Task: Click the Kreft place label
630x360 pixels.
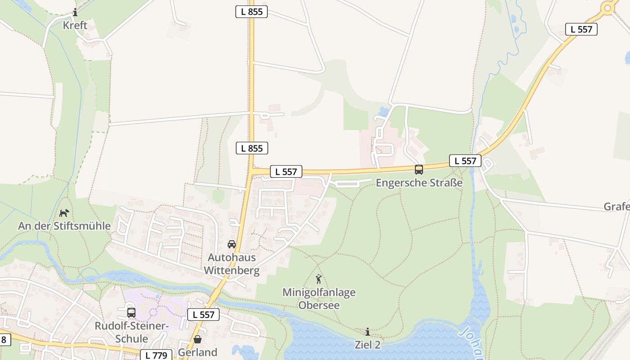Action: click(x=75, y=25)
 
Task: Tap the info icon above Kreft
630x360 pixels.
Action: click(x=75, y=13)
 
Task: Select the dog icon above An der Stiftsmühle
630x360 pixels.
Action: click(x=64, y=212)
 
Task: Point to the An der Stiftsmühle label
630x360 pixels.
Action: click(x=64, y=225)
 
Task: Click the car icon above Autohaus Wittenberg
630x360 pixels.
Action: click(x=232, y=244)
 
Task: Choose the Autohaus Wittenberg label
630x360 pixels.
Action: click(x=232, y=264)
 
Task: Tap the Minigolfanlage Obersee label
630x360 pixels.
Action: click(x=319, y=298)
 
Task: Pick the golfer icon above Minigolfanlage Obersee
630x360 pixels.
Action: click(x=319, y=279)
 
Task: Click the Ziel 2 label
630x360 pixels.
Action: click(x=368, y=345)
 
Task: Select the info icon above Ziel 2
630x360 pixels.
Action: click(x=368, y=332)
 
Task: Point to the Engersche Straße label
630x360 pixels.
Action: click(x=419, y=183)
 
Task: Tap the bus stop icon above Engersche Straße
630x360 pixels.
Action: click(x=419, y=170)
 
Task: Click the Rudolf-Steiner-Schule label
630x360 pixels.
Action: click(x=131, y=332)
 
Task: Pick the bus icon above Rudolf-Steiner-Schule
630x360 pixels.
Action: click(x=131, y=312)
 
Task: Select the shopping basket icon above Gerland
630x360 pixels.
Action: click(x=198, y=339)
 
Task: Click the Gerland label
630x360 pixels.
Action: click(x=198, y=352)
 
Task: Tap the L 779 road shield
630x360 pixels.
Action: click(x=156, y=355)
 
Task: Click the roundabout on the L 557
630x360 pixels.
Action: click(x=608, y=7)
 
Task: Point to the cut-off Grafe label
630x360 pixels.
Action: click(x=616, y=207)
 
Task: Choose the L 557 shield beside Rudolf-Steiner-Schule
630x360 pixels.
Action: click(x=203, y=315)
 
